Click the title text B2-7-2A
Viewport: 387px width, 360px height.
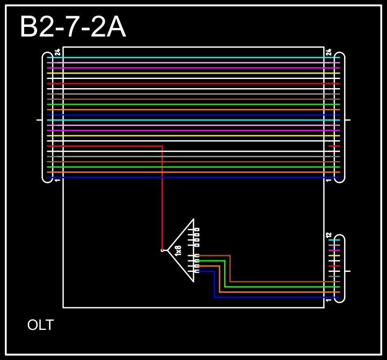pyautogui.click(x=73, y=27)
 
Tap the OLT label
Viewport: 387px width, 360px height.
pyautogui.click(x=40, y=325)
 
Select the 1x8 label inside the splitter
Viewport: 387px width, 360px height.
pyautogui.click(x=178, y=249)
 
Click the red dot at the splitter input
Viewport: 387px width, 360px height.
pyautogui.click(x=162, y=250)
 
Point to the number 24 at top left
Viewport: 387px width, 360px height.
pyautogui.click(x=58, y=53)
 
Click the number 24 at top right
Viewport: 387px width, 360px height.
pyautogui.click(x=329, y=53)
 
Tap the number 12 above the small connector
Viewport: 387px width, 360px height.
pyautogui.click(x=329, y=235)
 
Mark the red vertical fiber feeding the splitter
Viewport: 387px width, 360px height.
pyautogui.click(x=162, y=199)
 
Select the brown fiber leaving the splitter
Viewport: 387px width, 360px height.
pyautogui.click(x=269, y=281)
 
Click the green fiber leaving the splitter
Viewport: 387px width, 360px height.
pyautogui.click(x=269, y=286)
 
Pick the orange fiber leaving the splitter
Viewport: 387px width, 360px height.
pyautogui.click(x=269, y=292)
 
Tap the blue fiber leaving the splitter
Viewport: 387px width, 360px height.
pyautogui.click(x=269, y=297)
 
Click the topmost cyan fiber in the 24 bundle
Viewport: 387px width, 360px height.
pyautogui.click(x=193, y=57)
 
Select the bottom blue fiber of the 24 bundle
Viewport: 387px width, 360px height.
pyautogui.click(x=193, y=177)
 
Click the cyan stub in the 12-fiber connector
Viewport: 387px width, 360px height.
pyautogui.click(x=334, y=240)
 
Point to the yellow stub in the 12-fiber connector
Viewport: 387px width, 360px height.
pyautogui.click(x=334, y=256)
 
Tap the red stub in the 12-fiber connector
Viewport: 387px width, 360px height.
pyautogui.click(x=334, y=266)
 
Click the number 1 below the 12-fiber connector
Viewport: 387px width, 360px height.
pyautogui.click(x=329, y=300)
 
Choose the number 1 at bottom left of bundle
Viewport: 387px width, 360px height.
pyautogui.click(x=58, y=180)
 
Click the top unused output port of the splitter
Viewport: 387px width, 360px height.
pyautogui.click(x=197, y=229)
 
